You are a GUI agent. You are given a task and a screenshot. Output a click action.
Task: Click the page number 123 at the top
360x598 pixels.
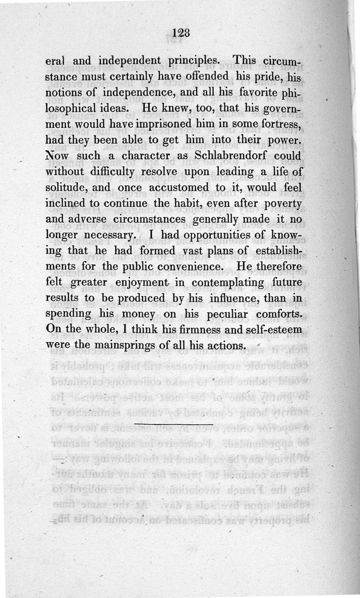coord(182,33)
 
